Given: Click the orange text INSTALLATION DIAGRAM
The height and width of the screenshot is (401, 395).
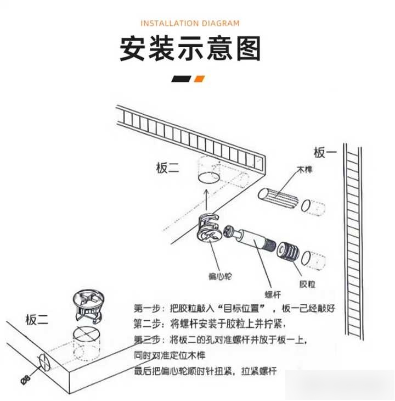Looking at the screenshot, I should pos(190,23).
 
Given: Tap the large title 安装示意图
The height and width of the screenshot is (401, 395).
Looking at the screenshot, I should pos(190,49).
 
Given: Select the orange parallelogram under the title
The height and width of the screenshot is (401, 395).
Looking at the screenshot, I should pos(199,79).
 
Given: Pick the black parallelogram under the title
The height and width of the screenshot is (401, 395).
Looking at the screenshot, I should pos(181,79).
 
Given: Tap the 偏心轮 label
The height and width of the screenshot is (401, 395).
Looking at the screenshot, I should pos(221,276).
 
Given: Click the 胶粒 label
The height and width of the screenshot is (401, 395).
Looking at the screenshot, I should pos(307,284).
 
